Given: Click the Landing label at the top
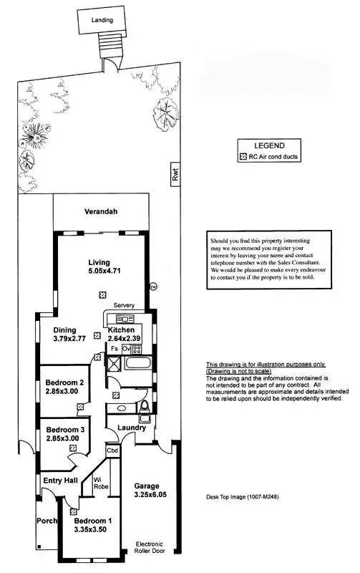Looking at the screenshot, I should (x=102, y=21).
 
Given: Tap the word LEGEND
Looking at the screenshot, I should (x=269, y=145).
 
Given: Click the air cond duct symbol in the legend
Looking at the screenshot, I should (x=243, y=156).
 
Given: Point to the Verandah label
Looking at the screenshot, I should (x=101, y=212).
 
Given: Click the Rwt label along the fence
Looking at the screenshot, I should (x=173, y=173).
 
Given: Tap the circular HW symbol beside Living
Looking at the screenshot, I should (x=152, y=287).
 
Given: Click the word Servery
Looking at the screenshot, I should (x=124, y=305).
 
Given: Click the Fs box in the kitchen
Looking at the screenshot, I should (x=114, y=348).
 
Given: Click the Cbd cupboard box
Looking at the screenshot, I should (x=112, y=451).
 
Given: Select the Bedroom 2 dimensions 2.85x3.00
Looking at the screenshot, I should (x=62, y=393).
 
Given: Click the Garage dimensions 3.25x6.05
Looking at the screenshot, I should (x=151, y=495).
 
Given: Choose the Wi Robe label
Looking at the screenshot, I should (x=99, y=483).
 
